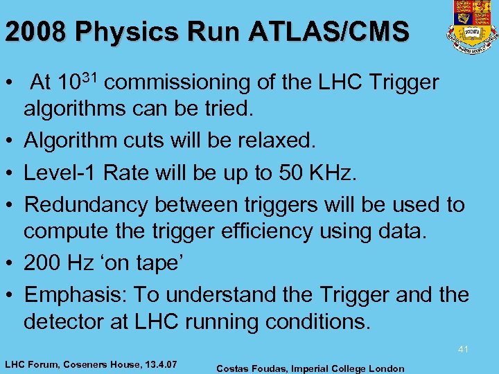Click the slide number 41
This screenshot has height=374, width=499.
pos(463,350)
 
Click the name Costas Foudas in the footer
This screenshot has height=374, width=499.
pos(249,368)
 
